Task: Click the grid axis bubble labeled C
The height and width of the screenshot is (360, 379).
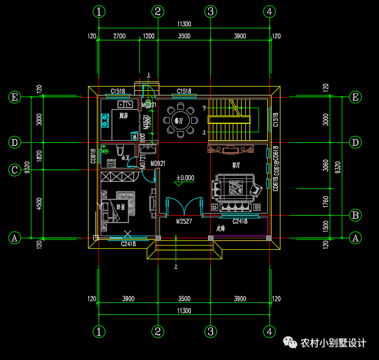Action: coord(15,170)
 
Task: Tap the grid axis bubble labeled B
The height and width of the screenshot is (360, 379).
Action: coord(355,215)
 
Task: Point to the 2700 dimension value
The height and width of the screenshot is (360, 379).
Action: coord(120,36)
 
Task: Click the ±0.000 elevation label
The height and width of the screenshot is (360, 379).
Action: coord(185,178)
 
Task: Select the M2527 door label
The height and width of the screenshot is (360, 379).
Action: coord(185,221)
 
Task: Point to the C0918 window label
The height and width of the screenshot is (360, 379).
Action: coord(93,156)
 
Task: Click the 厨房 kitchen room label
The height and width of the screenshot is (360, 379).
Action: coord(124,115)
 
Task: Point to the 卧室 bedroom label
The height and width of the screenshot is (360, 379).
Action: coord(121,207)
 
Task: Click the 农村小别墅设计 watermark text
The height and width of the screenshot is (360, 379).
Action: coord(333,343)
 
